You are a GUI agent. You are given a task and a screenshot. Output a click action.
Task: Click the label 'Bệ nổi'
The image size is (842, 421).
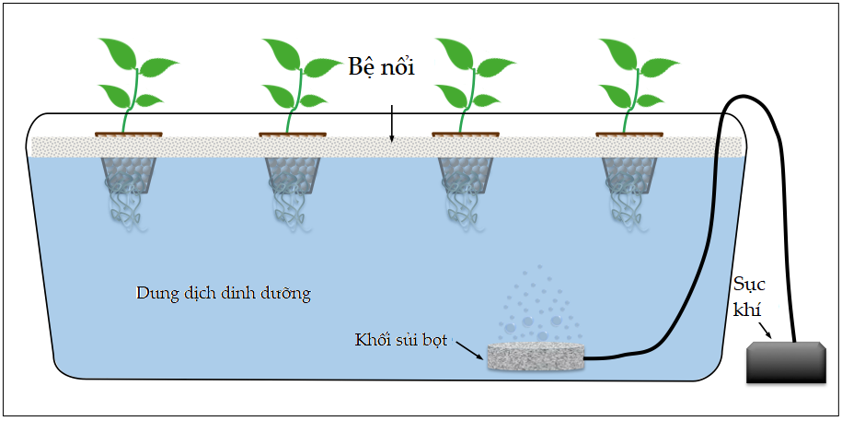pyautogui.click(x=381, y=69)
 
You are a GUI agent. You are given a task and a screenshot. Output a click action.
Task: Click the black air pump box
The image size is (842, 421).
pyautogui.click(x=784, y=362)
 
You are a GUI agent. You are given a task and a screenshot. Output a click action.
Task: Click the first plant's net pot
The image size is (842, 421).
pyautogui.click(x=128, y=174)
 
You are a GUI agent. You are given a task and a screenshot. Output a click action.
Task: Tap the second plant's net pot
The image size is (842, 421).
pyautogui.click(x=293, y=174)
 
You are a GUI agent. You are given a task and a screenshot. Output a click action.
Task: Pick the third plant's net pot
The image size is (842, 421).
pyautogui.click(x=466, y=174)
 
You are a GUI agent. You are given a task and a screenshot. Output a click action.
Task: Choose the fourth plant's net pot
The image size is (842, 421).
pyautogui.click(x=629, y=174)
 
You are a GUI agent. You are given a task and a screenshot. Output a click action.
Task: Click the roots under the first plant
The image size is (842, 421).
pyautogui.click(x=126, y=210)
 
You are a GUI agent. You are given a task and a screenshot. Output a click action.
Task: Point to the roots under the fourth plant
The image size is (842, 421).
pyautogui.click(x=628, y=210)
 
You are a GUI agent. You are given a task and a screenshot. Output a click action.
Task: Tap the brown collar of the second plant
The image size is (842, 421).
pyautogui.click(x=293, y=134)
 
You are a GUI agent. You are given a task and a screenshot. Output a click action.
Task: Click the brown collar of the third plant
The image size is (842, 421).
pyautogui.click(x=466, y=134)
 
